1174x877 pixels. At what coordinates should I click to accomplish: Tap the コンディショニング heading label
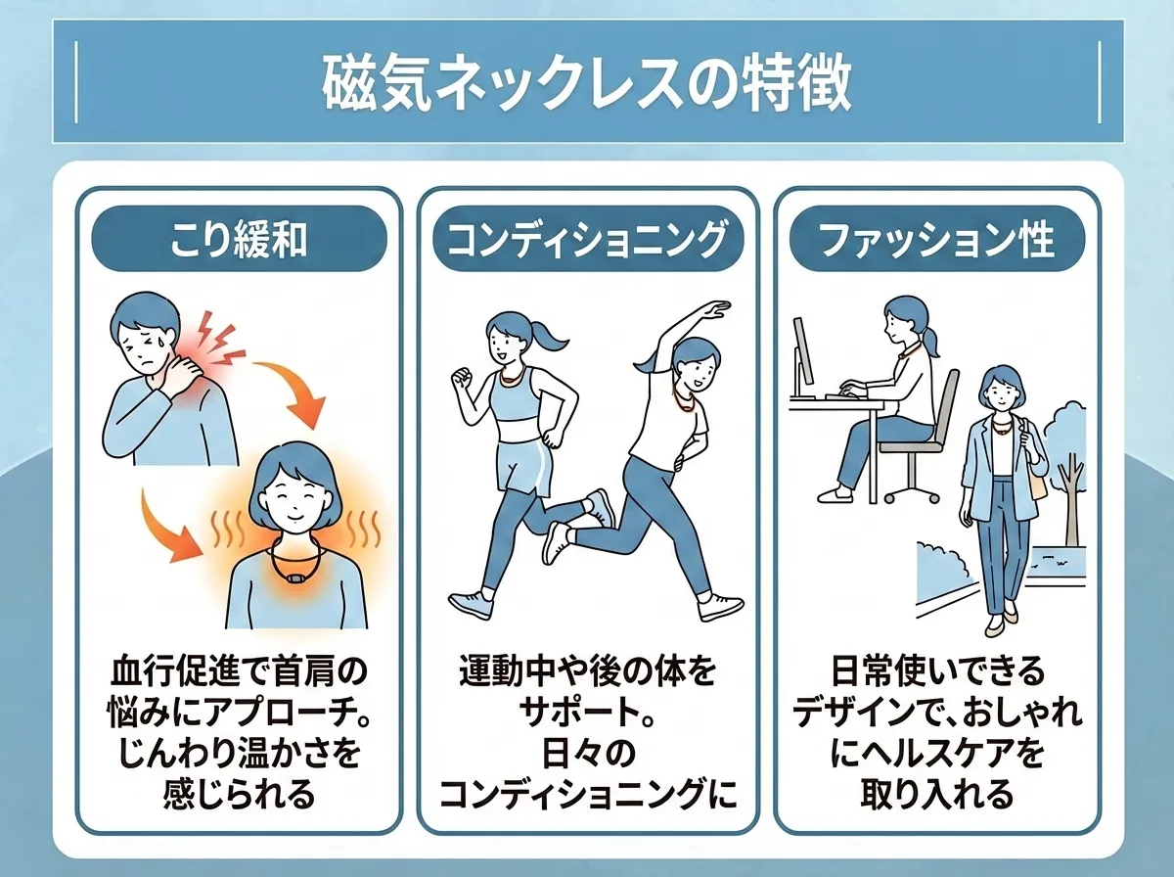[x=587, y=239]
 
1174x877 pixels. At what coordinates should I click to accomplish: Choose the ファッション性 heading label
[x=936, y=239]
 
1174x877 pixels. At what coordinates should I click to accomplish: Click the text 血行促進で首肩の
[x=239, y=674]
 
